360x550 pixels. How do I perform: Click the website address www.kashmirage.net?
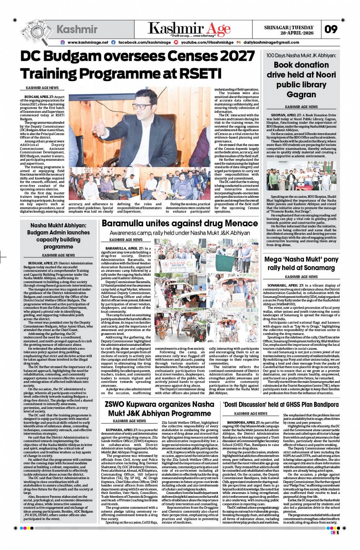pos(87,42)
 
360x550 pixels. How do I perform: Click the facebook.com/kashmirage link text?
pos(144,42)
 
